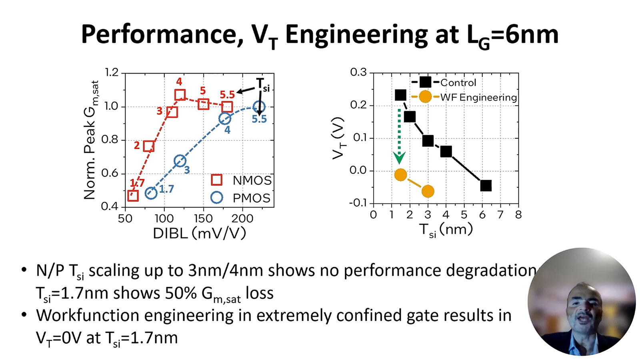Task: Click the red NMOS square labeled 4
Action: (x=180, y=95)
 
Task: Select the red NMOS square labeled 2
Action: (x=149, y=146)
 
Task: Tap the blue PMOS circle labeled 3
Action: (x=180, y=161)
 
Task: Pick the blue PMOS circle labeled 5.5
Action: (x=259, y=107)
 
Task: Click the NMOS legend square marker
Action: (x=216, y=180)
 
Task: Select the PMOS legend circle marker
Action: (x=216, y=198)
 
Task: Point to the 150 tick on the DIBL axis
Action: (x=203, y=218)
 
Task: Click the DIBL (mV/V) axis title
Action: (x=199, y=233)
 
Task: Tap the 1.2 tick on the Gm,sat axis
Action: (x=112, y=72)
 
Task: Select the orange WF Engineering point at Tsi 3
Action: (x=428, y=192)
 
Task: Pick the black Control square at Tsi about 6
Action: (x=486, y=186)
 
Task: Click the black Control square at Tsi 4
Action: (x=446, y=152)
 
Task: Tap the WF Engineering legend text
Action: (x=478, y=97)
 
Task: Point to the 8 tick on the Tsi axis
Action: (x=518, y=215)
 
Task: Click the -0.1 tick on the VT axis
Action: (x=358, y=203)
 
